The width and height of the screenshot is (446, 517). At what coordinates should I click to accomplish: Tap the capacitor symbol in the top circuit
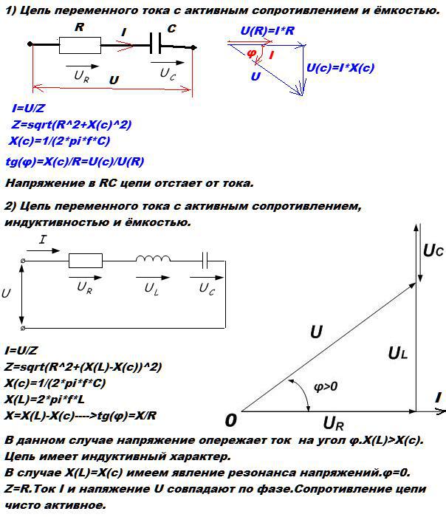[x=156, y=46]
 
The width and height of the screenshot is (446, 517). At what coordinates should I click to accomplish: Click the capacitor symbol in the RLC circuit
[x=206, y=260]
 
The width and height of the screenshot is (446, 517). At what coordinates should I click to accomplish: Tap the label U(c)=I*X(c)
[x=340, y=68]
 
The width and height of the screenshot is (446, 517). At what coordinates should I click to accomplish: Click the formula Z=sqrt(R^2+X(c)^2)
[x=71, y=125]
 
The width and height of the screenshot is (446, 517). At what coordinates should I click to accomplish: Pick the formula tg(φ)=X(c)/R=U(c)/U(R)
[x=75, y=161]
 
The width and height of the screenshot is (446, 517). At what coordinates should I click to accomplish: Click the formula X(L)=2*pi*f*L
[x=47, y=400]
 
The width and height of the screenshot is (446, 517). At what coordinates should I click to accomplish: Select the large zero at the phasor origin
[x=231, y=420]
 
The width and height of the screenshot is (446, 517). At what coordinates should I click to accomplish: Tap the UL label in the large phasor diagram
[x=397, y=354]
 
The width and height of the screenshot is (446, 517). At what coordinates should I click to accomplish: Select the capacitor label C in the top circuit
[x=171, y=29]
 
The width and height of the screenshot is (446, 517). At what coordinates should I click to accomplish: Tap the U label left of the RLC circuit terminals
[x=7, y=293]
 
